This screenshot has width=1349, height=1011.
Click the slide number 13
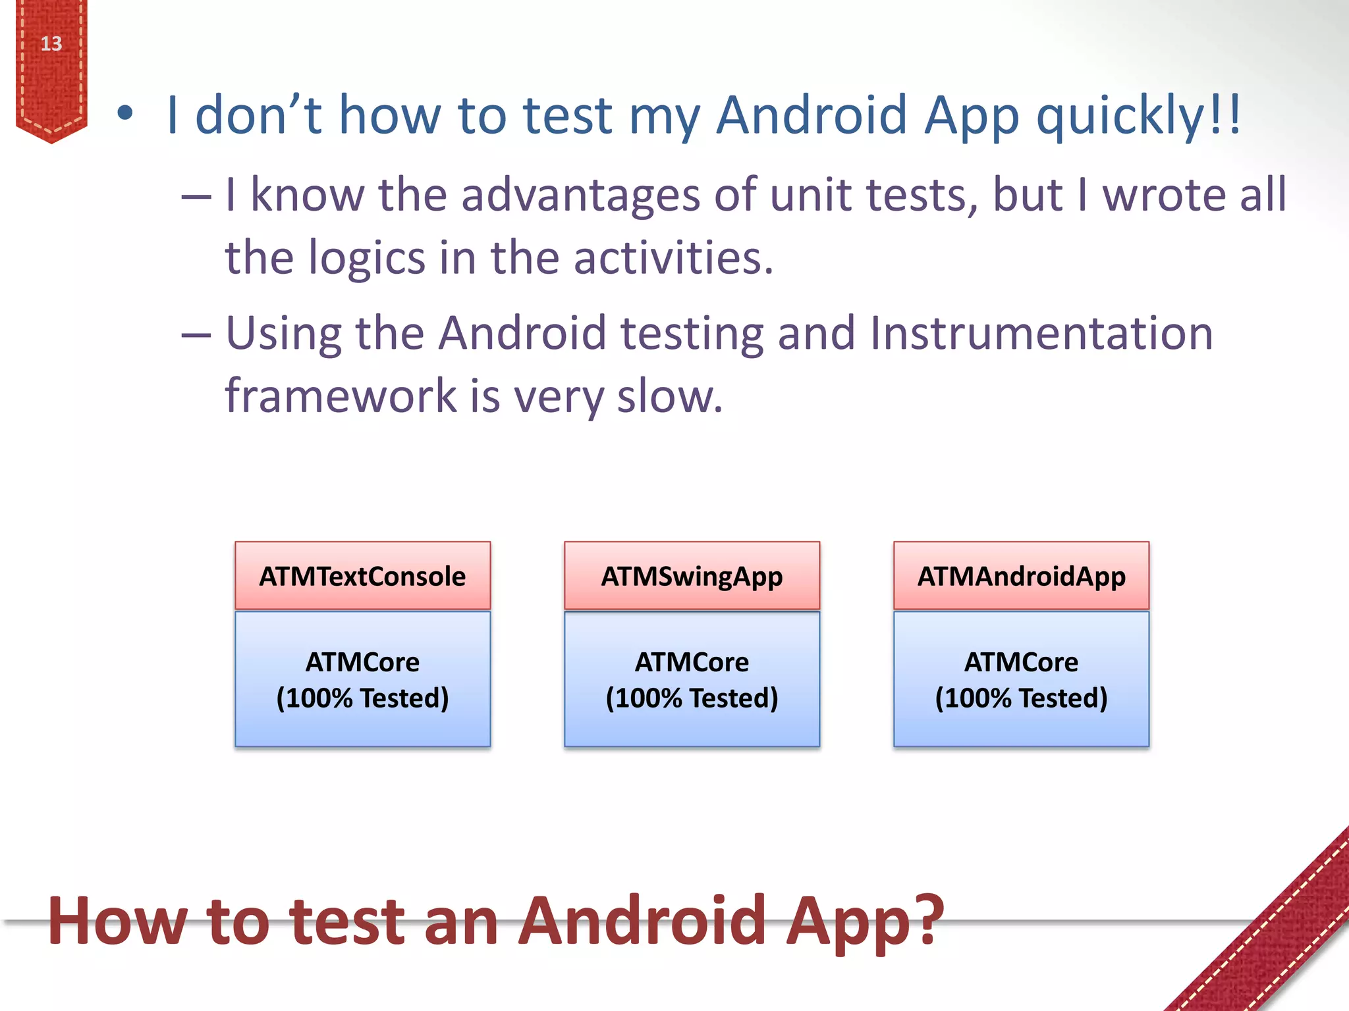[x=51, y=43]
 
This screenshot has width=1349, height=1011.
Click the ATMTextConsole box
[x=362, y=576]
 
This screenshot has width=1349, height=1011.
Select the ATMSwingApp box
[x=692, y=576]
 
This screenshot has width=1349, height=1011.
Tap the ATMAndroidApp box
[x=1021, y=576]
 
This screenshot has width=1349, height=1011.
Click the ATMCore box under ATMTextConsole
[x=362, y=679]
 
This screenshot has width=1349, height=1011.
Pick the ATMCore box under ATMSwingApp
[x=692, y=679]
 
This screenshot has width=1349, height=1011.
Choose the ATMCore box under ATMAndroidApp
[x=1021, y=679]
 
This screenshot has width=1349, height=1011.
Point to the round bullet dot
[x=125, y=114]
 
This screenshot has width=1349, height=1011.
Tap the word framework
[x=341, y=396]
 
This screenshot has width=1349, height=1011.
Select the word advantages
[x=580, y=195]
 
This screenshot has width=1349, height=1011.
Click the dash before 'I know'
[x=196, y=196]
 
